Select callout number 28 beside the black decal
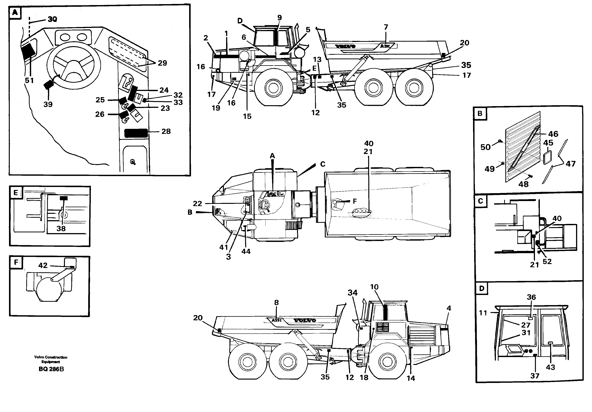[x=166, y=131]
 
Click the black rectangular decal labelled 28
[x=136, y=133]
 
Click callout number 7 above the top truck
[x=386, y=27]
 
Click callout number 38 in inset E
[x=61, y=229]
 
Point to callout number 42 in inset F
[x=43, y=265]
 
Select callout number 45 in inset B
[x=548, y=143]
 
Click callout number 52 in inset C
[x=547, y=262]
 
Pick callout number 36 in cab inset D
[x=531, y=297]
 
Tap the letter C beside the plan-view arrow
[x=323, y=164]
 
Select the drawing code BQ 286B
[x=51, y=369]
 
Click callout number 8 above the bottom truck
[x=276, y=302]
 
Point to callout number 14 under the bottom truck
[x=411, y=378]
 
